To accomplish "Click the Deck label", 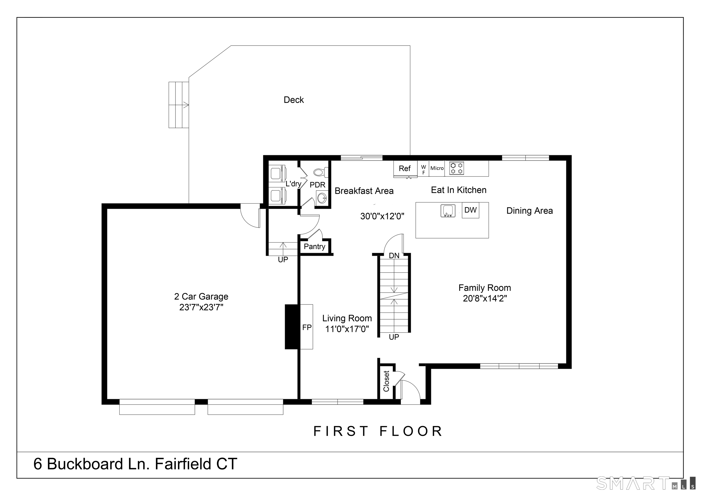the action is click(x=294, y=100).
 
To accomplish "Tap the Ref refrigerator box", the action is click(x=405, y=168).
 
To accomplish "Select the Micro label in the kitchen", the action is click(x=437, y=168).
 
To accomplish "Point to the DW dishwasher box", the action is click(x=471, y=210).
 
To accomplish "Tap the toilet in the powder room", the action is click(x=321, y=172).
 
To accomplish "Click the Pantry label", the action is click(x=314, y=246).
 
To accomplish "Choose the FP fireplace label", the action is click(x=307, y=327).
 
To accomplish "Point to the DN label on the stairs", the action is click(x=394, y=255).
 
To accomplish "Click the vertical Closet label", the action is click(x=386, y=381).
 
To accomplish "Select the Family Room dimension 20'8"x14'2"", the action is click(x=485, y=298).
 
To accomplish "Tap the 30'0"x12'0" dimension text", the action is click(x=382, y=216).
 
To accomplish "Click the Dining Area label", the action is click(x=530, y=211).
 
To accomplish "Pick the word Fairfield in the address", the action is click(x=183, y=464).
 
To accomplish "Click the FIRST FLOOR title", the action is click(x=378, y=431).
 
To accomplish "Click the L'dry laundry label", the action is click(x=293, y=184).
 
